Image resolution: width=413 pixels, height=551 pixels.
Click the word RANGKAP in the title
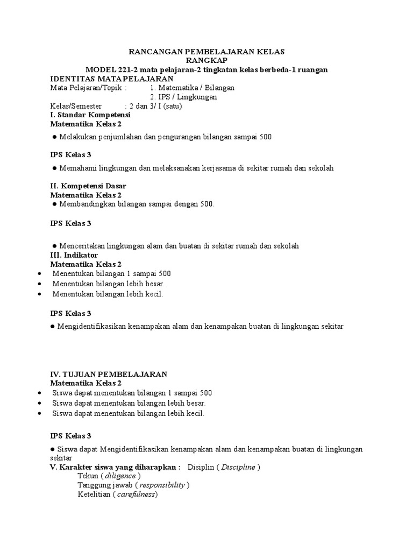click(207, 61)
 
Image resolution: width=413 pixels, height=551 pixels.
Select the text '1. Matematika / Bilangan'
click(192, 88)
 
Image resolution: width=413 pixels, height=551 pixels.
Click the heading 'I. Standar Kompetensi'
click(90, 115)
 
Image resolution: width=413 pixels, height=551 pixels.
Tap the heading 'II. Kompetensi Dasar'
click(88, 186)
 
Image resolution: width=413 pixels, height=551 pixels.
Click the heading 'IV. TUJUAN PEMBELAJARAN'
click(109, 374)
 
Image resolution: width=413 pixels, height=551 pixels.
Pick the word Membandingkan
click(86, 204)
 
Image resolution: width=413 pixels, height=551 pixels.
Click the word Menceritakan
click(82, 246)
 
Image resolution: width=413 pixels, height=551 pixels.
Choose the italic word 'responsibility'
click(162, 485)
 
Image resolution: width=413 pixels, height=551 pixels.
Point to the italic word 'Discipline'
click(235, 467)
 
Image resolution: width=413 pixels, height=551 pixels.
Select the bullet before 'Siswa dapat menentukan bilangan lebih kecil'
click(40, 413)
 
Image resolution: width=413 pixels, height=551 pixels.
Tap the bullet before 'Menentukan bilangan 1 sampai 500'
click(40, 273)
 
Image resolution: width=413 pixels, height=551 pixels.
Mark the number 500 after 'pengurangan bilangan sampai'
click(265, 137)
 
